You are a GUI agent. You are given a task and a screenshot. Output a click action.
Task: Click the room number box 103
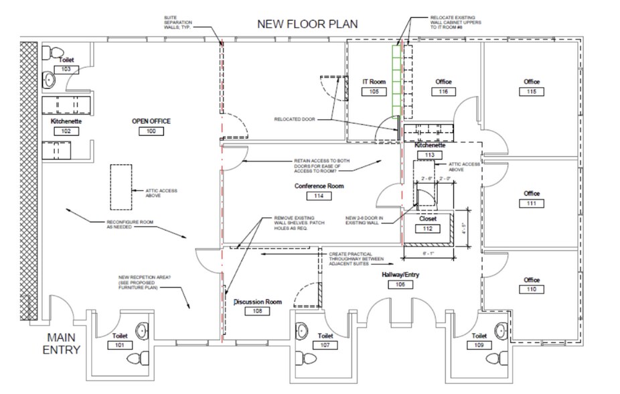[x=66, y=69]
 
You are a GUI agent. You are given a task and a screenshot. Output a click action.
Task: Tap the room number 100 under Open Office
[x=151, y=131]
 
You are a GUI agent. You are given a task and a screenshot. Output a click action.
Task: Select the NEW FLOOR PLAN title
[x=308, y=24]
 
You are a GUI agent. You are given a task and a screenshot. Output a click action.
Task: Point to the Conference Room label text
[x=319, y=186]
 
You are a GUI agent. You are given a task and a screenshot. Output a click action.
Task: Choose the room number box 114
[x=319, y=196]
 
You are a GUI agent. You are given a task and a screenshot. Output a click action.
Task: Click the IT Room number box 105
[x=374, y=92]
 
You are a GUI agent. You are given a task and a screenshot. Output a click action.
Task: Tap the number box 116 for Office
[x=443, y=92]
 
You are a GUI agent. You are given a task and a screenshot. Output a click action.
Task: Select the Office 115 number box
[x=532, y=92]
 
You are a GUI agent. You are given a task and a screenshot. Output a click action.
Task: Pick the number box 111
[x=532, y=204]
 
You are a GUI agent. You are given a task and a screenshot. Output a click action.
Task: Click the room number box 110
[x=532, y=290]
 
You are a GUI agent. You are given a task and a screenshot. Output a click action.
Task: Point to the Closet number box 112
[x=428, y=229]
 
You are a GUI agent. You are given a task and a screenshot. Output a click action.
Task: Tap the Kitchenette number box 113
[x=429, y=155]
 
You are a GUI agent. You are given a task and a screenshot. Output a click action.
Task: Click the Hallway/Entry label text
[x=400, y=275]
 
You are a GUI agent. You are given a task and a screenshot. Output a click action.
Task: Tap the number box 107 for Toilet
[x=325, y=345]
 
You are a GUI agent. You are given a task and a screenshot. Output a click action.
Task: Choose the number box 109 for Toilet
[x=479, y=345]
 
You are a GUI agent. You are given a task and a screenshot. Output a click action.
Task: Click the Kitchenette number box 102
[x=66, y=131]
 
